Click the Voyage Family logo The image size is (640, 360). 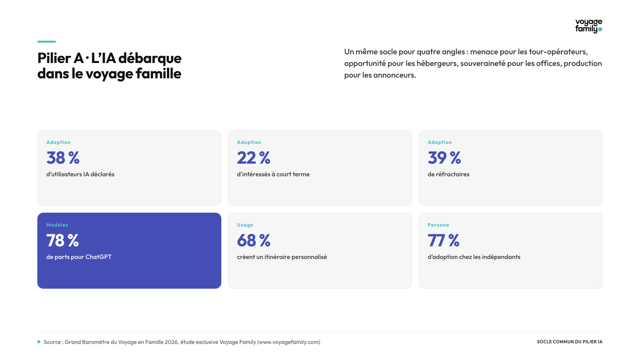589,26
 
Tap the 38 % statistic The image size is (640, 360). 63,158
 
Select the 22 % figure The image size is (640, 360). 254,158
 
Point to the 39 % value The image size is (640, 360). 444,158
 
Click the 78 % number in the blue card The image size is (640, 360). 63,240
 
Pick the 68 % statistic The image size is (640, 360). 254,240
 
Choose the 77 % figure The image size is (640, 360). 444,240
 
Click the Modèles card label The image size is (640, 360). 57,225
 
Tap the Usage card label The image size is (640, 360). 245,225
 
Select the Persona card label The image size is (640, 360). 438,225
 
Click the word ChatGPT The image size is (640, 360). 98,257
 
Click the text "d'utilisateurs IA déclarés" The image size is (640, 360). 80,174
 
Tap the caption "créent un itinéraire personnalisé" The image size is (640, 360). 282,257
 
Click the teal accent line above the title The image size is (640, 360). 47,42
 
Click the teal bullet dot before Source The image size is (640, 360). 39,342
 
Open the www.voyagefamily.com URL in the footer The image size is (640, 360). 289,342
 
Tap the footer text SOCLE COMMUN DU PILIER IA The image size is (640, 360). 570,342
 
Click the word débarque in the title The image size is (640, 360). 150,58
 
